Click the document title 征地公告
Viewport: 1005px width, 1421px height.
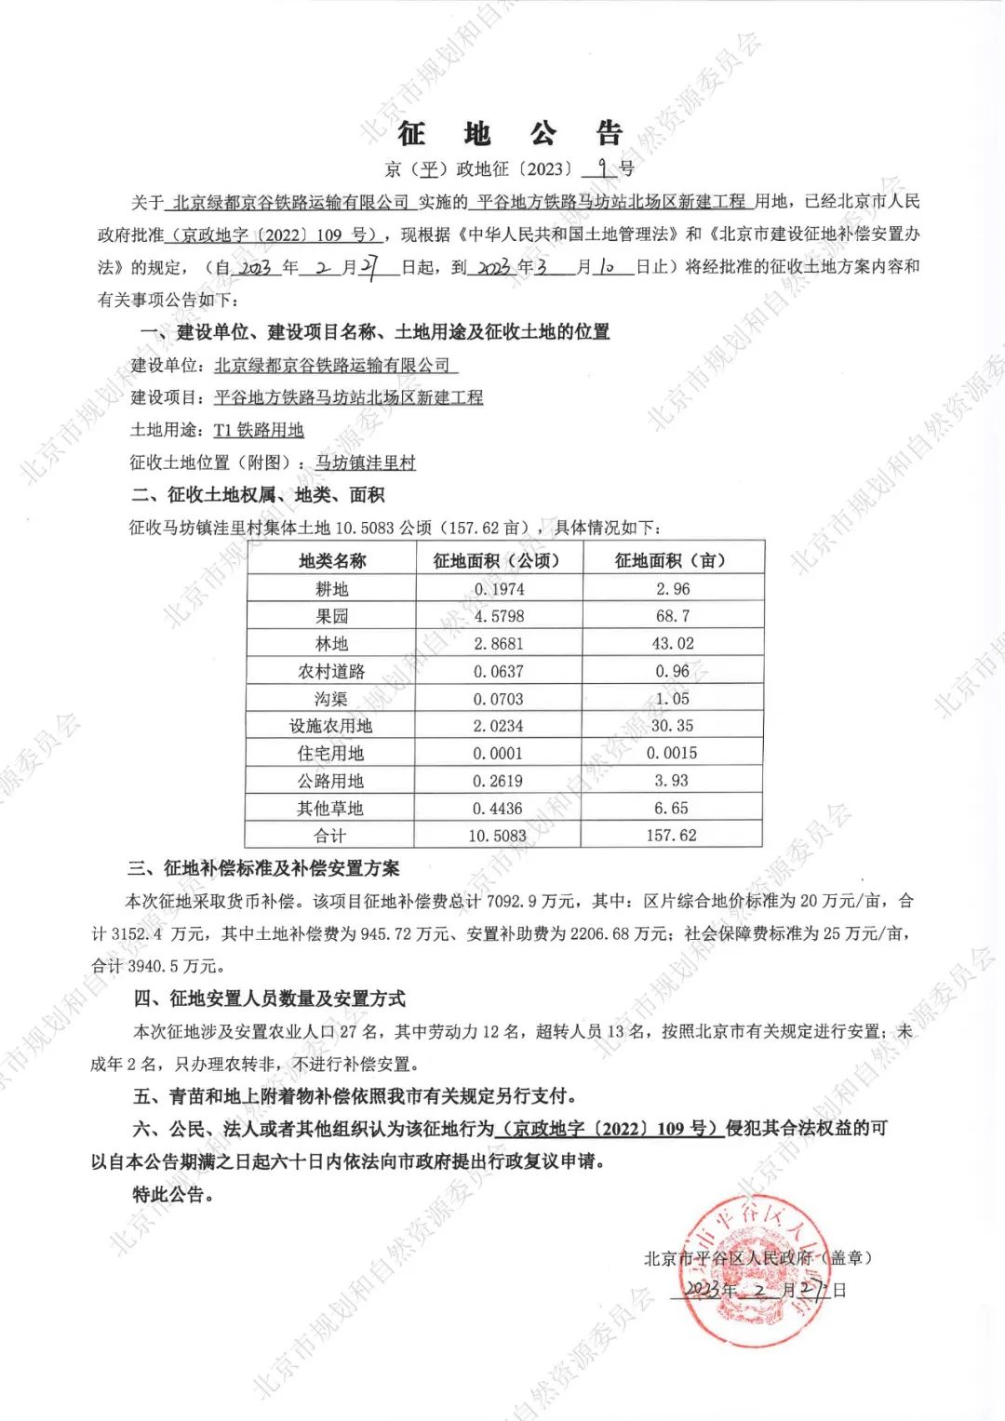click(510, 134)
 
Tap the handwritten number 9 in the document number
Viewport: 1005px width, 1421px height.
click(604, 168)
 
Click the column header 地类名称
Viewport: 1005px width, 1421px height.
click(332, 560)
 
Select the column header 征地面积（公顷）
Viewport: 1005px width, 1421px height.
click(498, 560)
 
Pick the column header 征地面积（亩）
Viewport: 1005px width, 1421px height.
click(671, 560)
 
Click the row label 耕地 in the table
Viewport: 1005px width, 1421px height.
click(332, 589)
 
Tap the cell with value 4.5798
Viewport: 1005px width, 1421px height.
click(499, 616)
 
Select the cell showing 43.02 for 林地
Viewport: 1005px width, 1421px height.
click(672, 644)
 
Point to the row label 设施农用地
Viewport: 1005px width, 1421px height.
click(330, 726)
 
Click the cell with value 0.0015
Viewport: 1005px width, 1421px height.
click(672, 753)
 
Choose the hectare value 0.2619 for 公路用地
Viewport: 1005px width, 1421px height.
click(498, 781)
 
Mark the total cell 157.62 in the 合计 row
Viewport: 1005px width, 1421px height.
click(671, 836)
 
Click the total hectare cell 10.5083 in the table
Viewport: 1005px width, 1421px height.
click(497, 836)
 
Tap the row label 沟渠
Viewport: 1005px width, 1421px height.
click(330, 699)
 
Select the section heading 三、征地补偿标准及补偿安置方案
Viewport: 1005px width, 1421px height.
click(263, 868)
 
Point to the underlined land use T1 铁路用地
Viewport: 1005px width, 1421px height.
click(259, 430)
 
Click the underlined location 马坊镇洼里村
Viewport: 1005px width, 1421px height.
click(366, 462)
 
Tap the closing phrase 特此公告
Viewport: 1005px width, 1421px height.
click(173, 1194)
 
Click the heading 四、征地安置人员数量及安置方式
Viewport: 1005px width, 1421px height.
click(269, 999)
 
